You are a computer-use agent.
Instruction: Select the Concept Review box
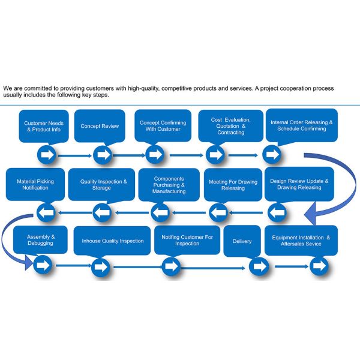click(x=100, y=126)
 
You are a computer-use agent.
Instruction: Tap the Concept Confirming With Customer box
click(x=163, y=126)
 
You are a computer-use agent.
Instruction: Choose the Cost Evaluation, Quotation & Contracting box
click(x=231, y=126)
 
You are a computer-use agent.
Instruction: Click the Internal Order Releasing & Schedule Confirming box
click(x=301, y=126)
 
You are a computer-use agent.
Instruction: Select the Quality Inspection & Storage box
click(x=101, y=184)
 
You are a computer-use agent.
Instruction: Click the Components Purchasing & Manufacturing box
click(x=169, y=184)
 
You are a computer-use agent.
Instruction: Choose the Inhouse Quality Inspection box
click(x=113, y=241)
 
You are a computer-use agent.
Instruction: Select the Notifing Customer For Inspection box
click(x=187, y=240)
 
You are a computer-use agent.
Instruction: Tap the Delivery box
click(x=242, y=241)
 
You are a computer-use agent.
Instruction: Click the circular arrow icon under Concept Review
click(x=102, y=155)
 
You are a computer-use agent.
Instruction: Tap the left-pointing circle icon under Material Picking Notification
click(x=46, y=211)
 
